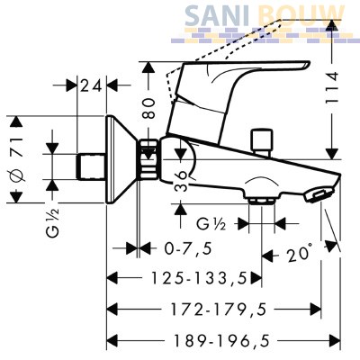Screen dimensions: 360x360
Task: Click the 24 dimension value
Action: [x=91, y=86]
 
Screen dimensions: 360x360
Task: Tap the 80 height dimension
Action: [x=148, y=108]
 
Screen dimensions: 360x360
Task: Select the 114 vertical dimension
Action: [x=331, y=87]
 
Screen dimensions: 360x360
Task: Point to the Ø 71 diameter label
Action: [x=18, y=160]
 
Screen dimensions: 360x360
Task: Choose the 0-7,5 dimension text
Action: [x=188, y=248]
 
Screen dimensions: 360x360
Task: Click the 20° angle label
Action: [x=298, y=254]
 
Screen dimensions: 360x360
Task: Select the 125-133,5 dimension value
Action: [x=199, y=278]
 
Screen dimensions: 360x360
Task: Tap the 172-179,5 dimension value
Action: [x=219, y=310]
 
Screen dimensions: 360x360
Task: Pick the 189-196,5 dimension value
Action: [x=222, y=341]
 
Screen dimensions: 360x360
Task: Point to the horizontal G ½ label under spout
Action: [x=211, y=224]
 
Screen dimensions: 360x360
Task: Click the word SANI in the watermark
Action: [x=217, y=15]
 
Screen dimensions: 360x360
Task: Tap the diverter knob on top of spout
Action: [x=263, y=142]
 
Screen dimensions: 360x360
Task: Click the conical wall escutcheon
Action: [x=120, y=159]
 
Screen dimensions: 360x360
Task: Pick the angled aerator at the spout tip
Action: [x=319, y=193]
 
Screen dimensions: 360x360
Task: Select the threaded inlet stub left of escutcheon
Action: [x=91, y=166]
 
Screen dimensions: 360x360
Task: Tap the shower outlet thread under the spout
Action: [x=262, y=201]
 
